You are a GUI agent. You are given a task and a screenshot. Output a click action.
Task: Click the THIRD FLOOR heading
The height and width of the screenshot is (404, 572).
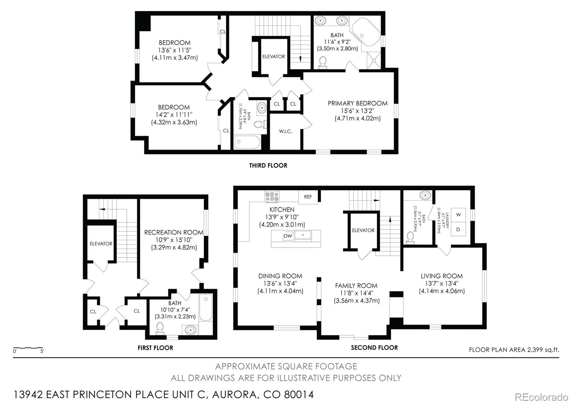point(268,165)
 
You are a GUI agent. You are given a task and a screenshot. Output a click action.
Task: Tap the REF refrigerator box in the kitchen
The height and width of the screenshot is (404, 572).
point(308,197)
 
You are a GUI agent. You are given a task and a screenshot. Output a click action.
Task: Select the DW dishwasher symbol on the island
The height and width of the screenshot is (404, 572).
point(288,236)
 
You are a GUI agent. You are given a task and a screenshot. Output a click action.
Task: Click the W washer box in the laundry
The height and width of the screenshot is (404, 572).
point(458,215)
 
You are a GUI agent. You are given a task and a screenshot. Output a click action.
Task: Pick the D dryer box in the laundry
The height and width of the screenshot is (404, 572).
point(458,230)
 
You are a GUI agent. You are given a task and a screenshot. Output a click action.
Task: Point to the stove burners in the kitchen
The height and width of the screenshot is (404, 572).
point(272,196)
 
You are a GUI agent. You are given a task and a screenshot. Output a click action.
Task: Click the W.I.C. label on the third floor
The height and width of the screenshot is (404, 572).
point(286,131)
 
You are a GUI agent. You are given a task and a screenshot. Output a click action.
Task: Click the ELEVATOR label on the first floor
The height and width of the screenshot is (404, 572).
point(101,243)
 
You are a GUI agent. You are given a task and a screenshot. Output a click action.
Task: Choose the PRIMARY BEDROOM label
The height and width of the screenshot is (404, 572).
point(357,103)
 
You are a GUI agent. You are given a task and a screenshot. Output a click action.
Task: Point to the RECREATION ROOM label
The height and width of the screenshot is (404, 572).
point(174,232)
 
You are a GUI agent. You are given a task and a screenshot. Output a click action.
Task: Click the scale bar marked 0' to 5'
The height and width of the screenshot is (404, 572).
point(28,348)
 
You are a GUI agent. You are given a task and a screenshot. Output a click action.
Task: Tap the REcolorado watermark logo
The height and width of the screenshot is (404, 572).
point(541,397)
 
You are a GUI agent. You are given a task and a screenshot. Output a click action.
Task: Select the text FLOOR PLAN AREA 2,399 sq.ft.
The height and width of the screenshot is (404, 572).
point(514,350)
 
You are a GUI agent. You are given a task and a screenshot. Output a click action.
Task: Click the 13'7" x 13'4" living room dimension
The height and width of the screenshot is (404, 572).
point(442,284)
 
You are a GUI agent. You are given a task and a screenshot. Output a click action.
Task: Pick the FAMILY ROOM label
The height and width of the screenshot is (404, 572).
point(356,286)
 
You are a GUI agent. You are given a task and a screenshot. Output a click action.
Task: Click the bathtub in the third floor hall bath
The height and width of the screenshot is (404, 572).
point(247,142)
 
